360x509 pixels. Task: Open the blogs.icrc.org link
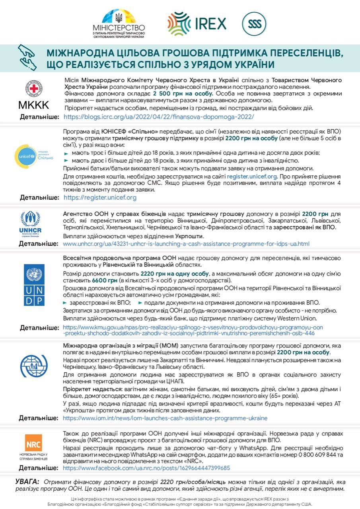[158, 117]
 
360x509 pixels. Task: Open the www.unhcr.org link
[186, 243]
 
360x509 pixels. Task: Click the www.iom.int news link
[165, 418]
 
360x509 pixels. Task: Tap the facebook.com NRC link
[146, 468]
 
